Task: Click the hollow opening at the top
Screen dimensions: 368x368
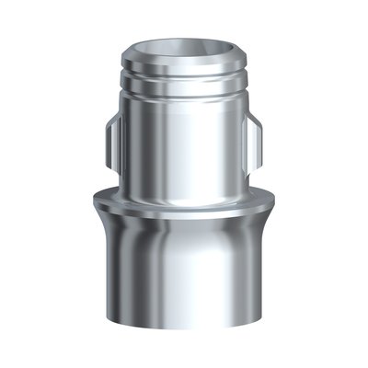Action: click(x=183, y=49)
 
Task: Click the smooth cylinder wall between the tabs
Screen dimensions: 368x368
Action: click(x=184, y=147)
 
